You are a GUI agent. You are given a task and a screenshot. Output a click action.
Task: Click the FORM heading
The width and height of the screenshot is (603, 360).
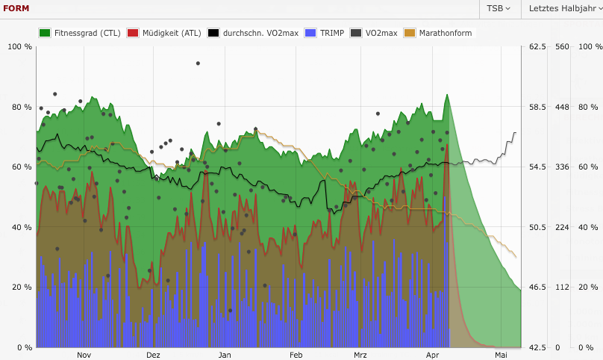point(16,8)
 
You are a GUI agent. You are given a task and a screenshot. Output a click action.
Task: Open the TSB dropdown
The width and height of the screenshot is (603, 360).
point(498,9)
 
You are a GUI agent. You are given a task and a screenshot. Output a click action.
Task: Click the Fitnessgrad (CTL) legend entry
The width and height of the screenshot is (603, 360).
point(80,33)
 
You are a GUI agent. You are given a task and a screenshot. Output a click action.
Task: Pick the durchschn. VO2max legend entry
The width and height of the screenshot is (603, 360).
point(253,33)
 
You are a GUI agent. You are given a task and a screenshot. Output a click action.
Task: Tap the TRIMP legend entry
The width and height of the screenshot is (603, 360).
point(325,33)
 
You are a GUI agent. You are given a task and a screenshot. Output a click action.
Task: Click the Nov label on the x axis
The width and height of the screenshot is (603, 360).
point(84,355)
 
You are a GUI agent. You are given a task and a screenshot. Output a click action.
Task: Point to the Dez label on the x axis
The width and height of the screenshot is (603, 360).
point(153,355)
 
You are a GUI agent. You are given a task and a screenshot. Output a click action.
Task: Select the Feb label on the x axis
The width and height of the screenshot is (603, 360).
point(296,355)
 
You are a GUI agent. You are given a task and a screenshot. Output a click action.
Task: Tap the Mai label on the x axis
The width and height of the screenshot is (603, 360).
point(501,355)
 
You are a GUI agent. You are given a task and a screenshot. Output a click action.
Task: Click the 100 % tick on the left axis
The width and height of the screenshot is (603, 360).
point(19,47)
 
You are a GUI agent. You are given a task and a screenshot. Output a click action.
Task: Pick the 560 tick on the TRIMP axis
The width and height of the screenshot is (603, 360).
point(562,47)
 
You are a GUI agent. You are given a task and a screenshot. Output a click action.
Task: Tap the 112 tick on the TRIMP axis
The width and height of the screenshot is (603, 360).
point(562,288)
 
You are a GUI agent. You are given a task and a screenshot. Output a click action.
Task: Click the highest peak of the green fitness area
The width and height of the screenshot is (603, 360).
point(446,96)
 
